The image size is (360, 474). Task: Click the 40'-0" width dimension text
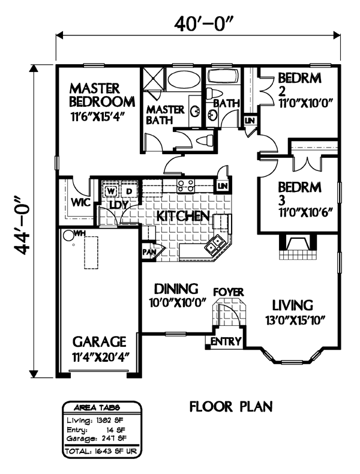205,24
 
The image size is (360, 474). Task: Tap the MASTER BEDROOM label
102,95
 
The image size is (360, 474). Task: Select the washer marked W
111,191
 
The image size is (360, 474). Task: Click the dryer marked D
129,191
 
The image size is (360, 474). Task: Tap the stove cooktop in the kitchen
186,185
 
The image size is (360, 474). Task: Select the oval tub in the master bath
184,80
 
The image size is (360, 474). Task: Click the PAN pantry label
149,251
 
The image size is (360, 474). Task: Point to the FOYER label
229,292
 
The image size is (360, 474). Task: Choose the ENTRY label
226,341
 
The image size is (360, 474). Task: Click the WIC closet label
80,202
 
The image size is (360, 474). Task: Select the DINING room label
176,289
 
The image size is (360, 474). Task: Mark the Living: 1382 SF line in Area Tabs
95,420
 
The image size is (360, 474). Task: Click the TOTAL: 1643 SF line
101,452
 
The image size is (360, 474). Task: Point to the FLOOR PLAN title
231,407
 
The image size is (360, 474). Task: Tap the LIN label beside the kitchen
223,185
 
